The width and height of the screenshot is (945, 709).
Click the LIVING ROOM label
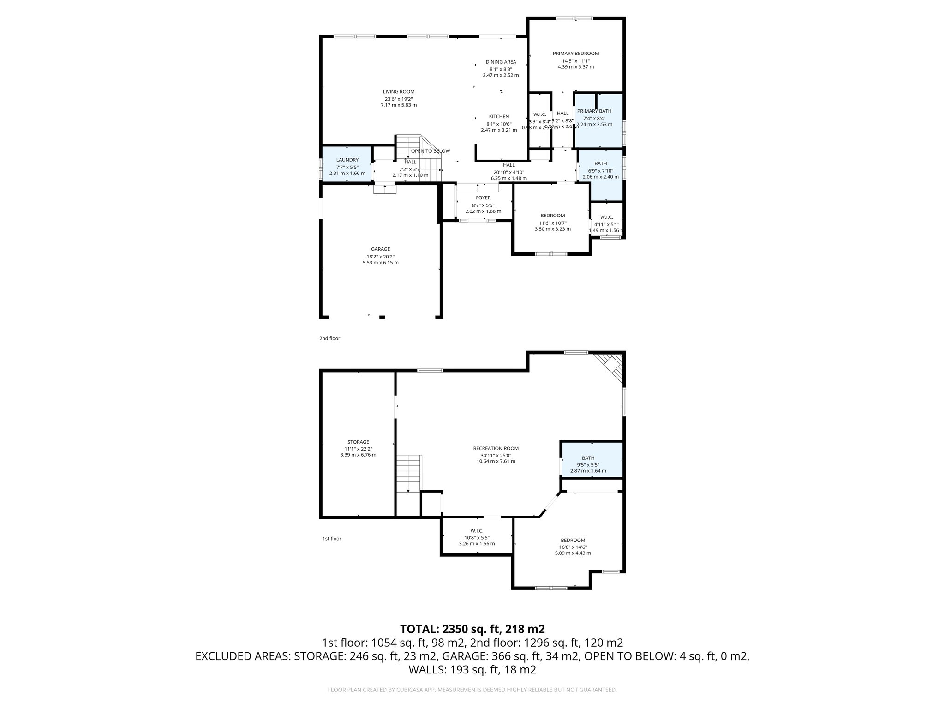click(x=398, y=92)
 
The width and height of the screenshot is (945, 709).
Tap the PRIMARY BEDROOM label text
click(x=575, y=54)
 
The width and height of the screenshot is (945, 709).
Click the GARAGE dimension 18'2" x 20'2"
click(x=380, y=257)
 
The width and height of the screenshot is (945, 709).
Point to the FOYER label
click(x=483, y=198)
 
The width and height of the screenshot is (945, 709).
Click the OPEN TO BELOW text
click(x=430, y=151)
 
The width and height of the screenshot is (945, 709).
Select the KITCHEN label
click(x=499, y=117)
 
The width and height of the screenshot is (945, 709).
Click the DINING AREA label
click(x=501, y=62)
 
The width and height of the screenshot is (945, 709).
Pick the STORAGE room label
click(x=358, y=442)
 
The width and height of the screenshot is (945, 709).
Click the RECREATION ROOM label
click(x=496, y=448)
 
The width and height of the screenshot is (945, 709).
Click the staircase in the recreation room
click(x=409, y=473)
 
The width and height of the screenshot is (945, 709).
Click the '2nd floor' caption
click(x=329, y=338)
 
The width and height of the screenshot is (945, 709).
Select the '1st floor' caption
click(x=331, y=538)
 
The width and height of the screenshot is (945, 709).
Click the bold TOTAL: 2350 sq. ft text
click(x=472, y=629)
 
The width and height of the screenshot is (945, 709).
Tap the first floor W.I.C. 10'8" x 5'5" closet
click(x=477, y=537)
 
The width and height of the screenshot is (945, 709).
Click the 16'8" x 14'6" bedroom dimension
click(x=573, y=547)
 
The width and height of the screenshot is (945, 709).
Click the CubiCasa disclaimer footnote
click(x=472, y=690)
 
